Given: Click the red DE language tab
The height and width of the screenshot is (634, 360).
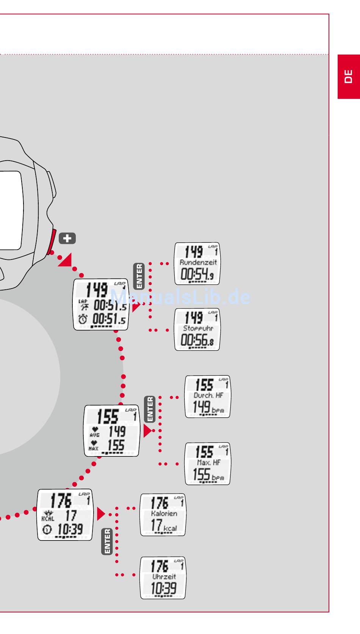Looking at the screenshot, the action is click(349, 77).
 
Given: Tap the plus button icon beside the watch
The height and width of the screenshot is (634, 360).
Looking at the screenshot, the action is click(67, 239).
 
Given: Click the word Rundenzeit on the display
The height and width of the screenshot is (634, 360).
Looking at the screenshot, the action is click(198, 262).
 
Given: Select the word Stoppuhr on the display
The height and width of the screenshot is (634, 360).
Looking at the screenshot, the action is click(198, 328).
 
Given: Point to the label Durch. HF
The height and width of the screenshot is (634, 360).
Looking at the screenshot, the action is click(208, 395).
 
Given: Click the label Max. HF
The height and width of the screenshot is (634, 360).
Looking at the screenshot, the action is click(208, 462).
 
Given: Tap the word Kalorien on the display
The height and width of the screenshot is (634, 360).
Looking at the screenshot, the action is click(164, 514).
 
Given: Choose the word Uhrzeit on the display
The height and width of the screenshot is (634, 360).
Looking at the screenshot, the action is click(164, 577).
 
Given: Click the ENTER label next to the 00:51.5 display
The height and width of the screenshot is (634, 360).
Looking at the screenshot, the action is click(139, 276).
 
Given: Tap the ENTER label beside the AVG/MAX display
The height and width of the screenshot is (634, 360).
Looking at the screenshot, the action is click(150, 409).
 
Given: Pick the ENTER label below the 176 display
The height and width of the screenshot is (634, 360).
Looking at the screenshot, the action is click(107, 542).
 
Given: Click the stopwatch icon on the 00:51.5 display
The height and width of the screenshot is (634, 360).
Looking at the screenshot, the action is click(83, 319).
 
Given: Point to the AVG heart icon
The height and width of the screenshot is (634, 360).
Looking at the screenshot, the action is click(95, 429).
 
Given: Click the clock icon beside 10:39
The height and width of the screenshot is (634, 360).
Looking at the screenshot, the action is click(47, 529).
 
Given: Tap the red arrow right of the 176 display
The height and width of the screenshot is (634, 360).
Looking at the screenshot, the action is click(100, 514).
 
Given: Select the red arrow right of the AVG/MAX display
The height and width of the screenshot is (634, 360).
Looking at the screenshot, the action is click(147, 431).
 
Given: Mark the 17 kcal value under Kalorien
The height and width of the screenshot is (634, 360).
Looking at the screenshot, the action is click(163, 526).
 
